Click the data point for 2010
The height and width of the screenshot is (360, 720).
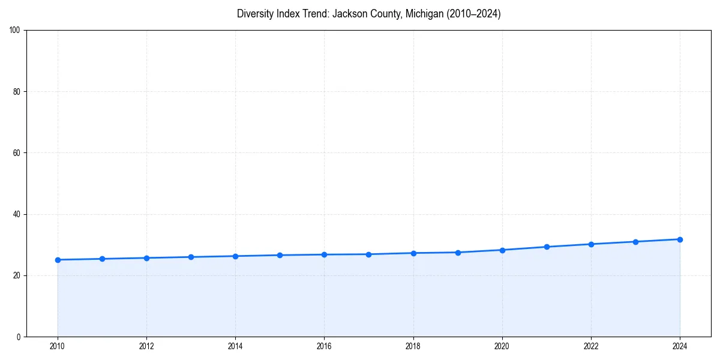pos(58,260)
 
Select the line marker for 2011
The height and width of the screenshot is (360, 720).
pos(102,259)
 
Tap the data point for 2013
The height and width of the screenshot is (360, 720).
pos(191,257)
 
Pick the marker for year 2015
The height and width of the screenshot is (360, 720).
pos(280,255)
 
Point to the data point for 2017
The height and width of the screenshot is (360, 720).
pos(368,254)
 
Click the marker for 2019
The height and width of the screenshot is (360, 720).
pos(458,253)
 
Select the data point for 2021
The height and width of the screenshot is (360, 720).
pos(547,247)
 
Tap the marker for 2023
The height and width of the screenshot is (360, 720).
pos(635,242)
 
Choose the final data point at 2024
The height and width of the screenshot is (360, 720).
pos(680,239)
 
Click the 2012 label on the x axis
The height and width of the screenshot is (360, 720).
pos(146,346)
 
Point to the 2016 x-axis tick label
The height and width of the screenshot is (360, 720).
pos(324,346)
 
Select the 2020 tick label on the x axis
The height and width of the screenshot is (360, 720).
pos(502,346)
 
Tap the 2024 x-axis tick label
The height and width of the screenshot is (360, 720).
pos(680,346)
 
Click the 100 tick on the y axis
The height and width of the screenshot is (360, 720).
pos(15,31)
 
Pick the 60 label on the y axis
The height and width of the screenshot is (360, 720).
pos(17,153)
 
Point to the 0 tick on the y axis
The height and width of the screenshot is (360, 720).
pos(19,337)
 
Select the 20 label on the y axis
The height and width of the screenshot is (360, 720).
pos(17,275)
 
